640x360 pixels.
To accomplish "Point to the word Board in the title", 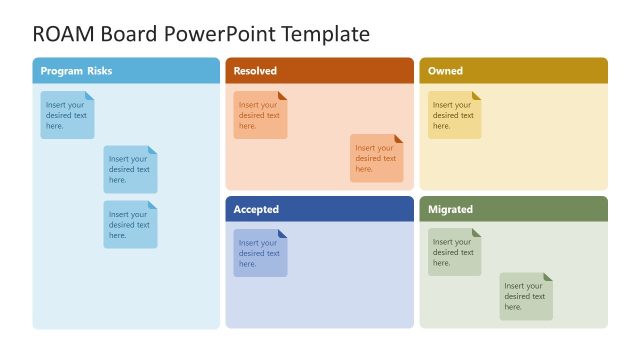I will point(126,34).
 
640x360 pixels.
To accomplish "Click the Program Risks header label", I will point(76,71).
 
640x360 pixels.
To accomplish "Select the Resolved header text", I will point(255,71).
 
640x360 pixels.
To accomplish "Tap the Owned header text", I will point(445,71).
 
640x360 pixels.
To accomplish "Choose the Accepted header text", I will point(256,210).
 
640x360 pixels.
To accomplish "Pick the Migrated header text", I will point(450,210).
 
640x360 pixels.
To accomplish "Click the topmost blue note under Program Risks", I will point(67,115).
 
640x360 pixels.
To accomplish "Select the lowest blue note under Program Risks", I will point(130,224).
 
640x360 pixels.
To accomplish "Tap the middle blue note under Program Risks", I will point(130,169).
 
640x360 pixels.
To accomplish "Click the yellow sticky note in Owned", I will point(455,115).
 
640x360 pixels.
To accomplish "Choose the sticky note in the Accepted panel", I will point(260,253).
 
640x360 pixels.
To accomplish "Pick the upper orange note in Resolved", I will point(260,115).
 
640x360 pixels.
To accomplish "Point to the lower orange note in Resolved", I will point(376,158).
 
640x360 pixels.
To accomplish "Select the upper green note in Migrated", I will point(455,252).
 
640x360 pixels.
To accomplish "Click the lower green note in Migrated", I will point(526,296).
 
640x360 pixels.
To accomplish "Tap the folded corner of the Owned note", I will point(477,96).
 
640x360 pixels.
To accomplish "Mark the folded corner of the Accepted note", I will point(283,234).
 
